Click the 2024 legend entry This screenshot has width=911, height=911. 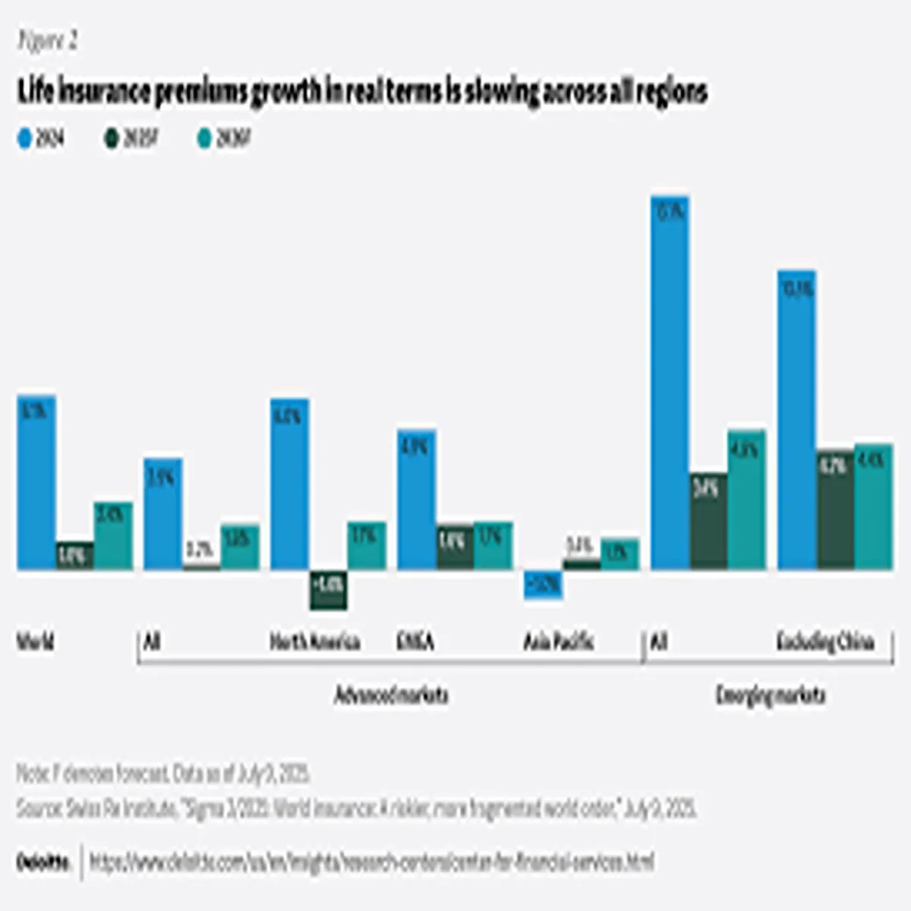pos(41,139)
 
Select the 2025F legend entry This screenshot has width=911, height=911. pos(131,139)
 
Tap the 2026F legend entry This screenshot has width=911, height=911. pos(223,139)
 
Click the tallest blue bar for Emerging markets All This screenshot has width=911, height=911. pos(670,383)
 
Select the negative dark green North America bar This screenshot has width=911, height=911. pos(328,589)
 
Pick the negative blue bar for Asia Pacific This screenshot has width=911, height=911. pos(544,585)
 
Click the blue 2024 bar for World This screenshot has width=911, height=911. pos(36,483)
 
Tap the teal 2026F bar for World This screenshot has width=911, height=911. pos(113,536)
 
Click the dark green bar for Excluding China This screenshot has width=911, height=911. pos(835,509)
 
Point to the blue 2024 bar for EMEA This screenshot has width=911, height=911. pos(416,500)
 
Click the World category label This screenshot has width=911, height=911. pos(36,642)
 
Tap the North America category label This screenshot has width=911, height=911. pos(314,642)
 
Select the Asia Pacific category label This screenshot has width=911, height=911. pos(558,642)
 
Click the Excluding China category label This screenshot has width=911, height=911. pos(825,642)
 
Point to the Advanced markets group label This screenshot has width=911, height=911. pos(391,695)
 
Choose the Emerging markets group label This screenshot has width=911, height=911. pos(770,695)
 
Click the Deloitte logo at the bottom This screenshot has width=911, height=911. pos(43,862)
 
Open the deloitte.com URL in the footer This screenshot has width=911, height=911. pos(372,862)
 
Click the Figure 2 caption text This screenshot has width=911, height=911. pos(47,41)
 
